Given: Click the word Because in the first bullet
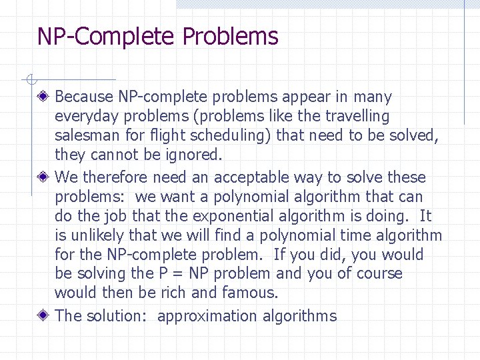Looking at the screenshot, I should point(84,97).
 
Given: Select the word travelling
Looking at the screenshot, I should point(357,117).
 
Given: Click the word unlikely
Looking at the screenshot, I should point(99,235).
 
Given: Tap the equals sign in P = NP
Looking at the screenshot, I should point(178,274).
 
